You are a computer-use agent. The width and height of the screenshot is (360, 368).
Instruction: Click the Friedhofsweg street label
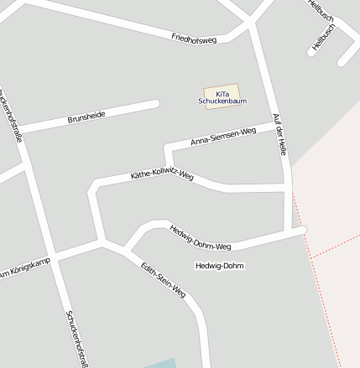pos(194,39)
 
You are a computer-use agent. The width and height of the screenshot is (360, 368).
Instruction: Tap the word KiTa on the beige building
pos(222,93)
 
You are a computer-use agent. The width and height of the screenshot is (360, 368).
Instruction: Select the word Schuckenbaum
pos(222,101)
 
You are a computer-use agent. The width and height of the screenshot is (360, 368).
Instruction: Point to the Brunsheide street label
pos(86,117)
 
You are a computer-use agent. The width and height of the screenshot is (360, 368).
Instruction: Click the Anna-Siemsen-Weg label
pos(223,137)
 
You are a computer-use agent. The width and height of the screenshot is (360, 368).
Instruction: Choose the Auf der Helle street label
pos(280,133)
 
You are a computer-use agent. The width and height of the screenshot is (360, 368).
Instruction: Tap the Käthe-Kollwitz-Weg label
pos(162,176)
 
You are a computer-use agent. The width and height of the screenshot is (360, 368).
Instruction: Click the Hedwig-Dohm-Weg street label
pos(200,237)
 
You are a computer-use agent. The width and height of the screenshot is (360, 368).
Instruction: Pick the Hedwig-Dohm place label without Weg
pos(219,266)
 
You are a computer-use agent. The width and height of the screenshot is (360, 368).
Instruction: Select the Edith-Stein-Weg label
pos(163,280)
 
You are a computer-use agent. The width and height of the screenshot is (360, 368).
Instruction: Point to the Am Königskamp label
pos(25,268)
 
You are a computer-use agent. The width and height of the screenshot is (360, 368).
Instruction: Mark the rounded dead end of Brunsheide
pos(155,104)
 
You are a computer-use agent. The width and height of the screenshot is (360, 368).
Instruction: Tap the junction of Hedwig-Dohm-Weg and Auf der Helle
pos(294,231)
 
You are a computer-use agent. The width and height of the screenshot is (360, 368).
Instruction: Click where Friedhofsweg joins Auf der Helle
pos(251,25)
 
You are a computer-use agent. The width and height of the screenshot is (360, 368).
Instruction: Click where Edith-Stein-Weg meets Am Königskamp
pos(102,243)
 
